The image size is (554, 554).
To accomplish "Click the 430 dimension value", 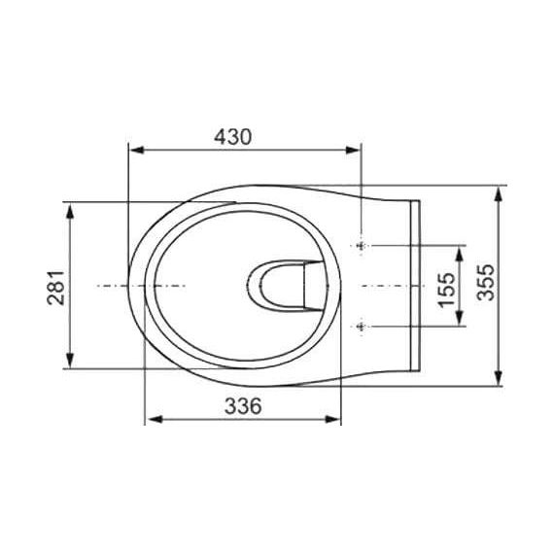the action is point(233,137).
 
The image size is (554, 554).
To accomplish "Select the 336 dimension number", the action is point(243,406).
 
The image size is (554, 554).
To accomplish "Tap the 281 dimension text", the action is point(56,288).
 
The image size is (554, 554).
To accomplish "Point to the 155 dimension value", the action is point(446,290).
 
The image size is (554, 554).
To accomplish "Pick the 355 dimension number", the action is point(485,283).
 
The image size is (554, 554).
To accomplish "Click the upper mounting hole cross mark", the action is point(361,245).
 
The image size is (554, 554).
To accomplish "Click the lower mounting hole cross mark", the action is point(361,327).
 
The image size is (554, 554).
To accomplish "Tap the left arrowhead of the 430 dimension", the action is point(137,150).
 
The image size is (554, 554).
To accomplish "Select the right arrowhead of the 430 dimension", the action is point(353,150).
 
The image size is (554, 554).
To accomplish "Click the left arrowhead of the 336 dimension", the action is point(155,419).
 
